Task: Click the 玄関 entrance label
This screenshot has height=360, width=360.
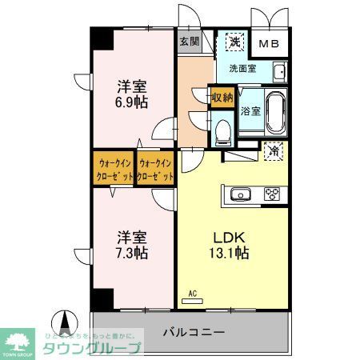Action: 190,42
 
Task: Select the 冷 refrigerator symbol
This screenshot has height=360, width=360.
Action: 274,150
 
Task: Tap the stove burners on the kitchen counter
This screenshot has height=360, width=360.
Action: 272,194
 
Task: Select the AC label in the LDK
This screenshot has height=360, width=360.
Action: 192,294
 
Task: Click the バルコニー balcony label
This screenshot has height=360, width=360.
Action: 195,331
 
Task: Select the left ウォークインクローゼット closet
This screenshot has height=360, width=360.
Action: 112,169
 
